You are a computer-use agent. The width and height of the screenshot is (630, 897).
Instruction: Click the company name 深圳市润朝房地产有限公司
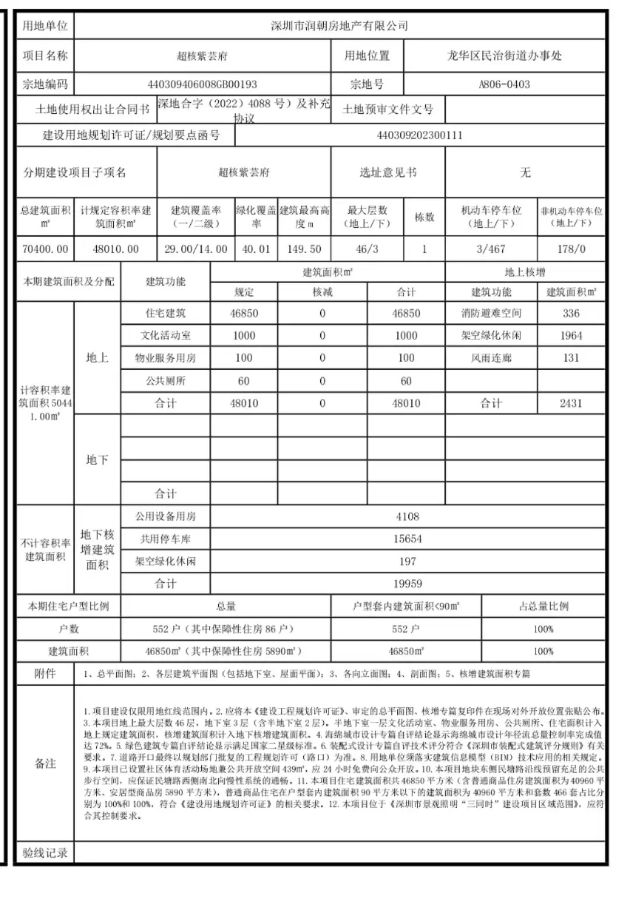point(339,26)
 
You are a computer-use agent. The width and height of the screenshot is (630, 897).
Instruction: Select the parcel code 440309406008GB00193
point(202,84)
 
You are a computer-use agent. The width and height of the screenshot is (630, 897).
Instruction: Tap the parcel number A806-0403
point(504,84)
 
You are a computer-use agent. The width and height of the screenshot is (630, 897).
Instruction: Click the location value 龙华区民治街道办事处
point(504,55)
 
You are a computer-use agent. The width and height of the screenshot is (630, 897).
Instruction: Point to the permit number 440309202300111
point(419,135)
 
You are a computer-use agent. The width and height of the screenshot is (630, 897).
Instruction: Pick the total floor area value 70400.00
point(45,249)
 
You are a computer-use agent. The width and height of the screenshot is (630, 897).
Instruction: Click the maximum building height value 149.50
point(304,249)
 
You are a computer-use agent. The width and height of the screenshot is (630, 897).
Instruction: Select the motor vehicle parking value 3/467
point(491,249)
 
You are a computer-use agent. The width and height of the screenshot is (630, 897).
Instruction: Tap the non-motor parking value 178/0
point(571,249)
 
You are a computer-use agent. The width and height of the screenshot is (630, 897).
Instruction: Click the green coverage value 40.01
point(256,249)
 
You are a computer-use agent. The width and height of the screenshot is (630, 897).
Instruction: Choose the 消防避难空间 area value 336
point(571,313)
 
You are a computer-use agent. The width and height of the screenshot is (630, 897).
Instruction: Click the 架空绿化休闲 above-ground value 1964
point(571,336)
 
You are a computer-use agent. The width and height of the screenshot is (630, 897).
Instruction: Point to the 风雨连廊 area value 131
point(571,358)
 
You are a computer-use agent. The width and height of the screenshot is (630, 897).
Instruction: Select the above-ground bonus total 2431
point(571,403)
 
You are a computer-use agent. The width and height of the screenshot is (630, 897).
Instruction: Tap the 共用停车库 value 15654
point(407,539)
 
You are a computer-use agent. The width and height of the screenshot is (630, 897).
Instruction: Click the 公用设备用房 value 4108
point(407,516)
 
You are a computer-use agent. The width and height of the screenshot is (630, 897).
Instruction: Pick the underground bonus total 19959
point(407,583)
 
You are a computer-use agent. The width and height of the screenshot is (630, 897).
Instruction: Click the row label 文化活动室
point(166,336)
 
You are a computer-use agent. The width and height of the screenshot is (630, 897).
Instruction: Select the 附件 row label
point(45,673)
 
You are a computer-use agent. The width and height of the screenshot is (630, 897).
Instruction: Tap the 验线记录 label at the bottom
point(45,853)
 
